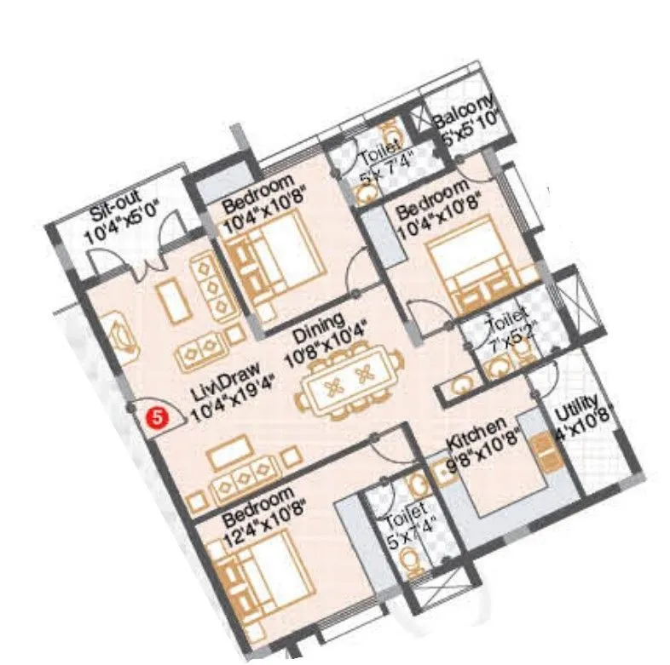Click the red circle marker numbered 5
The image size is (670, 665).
[x=155, y=417]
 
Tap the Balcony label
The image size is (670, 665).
[x=464, y=113]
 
